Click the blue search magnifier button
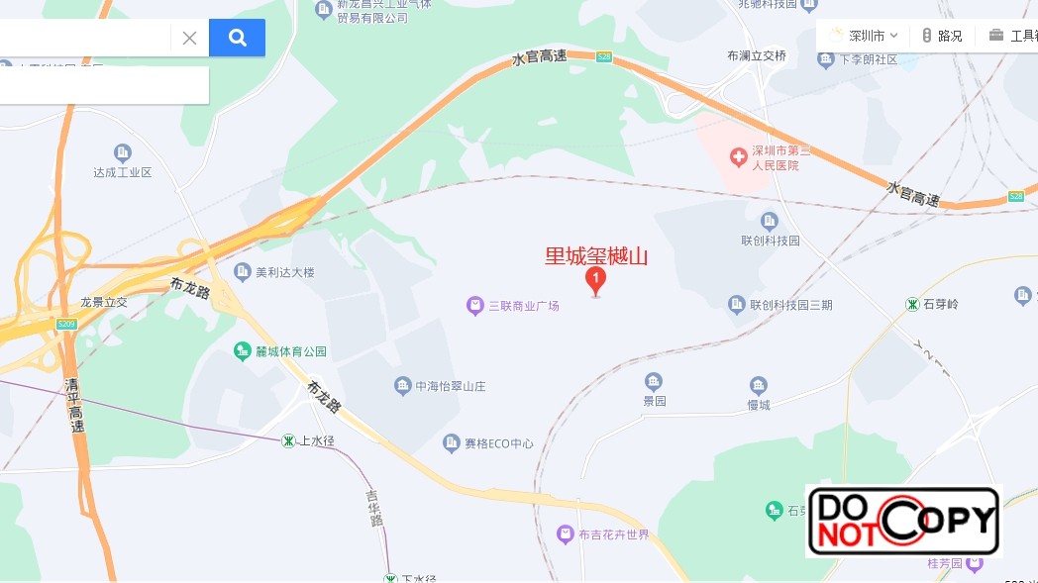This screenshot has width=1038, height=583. click(237, 38)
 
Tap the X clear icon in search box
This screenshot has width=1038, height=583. click(189, 38)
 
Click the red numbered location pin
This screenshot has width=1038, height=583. click(595, 280)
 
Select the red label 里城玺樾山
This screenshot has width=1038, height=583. click(596, 256)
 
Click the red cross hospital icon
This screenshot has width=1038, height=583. click(738, 156)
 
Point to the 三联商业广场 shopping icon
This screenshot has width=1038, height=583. click(475, 306)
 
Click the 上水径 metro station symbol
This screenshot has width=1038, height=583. click(288, 440)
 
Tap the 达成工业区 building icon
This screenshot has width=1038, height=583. click(123, 152)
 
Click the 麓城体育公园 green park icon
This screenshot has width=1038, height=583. click(242, 351)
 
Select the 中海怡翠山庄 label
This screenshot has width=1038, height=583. click(450, 386)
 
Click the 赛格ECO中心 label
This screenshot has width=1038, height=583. click(499, 443)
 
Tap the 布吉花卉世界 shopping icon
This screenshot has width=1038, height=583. click(565, 534)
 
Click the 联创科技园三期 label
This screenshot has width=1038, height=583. click(791, 305)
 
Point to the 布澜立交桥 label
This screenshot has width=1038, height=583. click(757, 56)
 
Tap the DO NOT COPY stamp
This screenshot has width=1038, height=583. click(903, 521)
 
